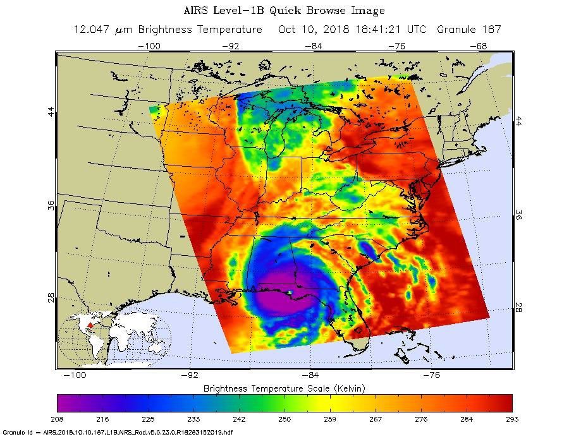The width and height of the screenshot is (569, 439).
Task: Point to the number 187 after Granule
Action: (x=492, y=30)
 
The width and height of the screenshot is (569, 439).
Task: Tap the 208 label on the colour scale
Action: (x=57, y=419)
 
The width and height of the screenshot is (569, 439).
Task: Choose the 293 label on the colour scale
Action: (x=511, y=419)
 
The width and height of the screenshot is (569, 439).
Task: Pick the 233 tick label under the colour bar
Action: (x=193, y=419)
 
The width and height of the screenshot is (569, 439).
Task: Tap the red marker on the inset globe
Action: (x=89, y=325)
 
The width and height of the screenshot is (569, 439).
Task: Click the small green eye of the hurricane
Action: (x=288, y=292)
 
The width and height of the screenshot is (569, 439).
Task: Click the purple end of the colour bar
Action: (x=63, y=403)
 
